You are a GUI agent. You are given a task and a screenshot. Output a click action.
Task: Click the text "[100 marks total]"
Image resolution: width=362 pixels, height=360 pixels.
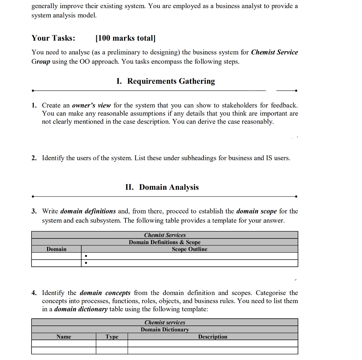[x=125, y=38]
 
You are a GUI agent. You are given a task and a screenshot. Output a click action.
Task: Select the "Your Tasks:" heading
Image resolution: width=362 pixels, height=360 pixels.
[x=53, y=38]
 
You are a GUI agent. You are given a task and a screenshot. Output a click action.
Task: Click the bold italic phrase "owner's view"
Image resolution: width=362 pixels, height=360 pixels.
[x=91, y=105]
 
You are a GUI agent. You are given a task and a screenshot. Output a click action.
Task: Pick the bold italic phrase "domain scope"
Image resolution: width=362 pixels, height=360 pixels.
[x=256, y=211]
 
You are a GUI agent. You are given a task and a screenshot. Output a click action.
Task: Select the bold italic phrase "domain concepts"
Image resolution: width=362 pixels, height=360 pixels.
[x=105, y=293]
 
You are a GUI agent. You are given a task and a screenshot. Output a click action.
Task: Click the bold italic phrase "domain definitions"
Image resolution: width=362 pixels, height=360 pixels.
[x=88, y=211]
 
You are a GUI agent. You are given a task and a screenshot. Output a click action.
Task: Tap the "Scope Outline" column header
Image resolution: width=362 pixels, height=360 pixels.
[x=189, y=249]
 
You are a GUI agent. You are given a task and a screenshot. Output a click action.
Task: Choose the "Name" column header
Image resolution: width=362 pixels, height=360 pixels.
[x=64, y=337]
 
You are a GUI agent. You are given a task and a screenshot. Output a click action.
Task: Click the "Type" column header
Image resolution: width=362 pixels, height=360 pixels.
[x=112, y=337]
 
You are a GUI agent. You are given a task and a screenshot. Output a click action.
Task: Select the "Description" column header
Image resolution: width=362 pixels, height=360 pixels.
[x=212, y=337]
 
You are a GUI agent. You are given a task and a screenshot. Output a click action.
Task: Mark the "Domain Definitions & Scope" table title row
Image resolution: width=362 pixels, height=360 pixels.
[x=164, y=242]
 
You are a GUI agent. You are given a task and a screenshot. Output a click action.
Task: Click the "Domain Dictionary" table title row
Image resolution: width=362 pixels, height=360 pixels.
[x=164, y=330]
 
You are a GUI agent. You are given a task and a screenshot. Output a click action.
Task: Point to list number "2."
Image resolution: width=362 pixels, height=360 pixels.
[x=34, y=158]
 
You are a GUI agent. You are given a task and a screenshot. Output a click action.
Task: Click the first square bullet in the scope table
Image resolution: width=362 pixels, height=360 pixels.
[x=86, y=256]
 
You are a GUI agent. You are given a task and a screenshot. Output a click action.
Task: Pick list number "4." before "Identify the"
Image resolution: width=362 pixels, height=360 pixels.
[x=34, y=293]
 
